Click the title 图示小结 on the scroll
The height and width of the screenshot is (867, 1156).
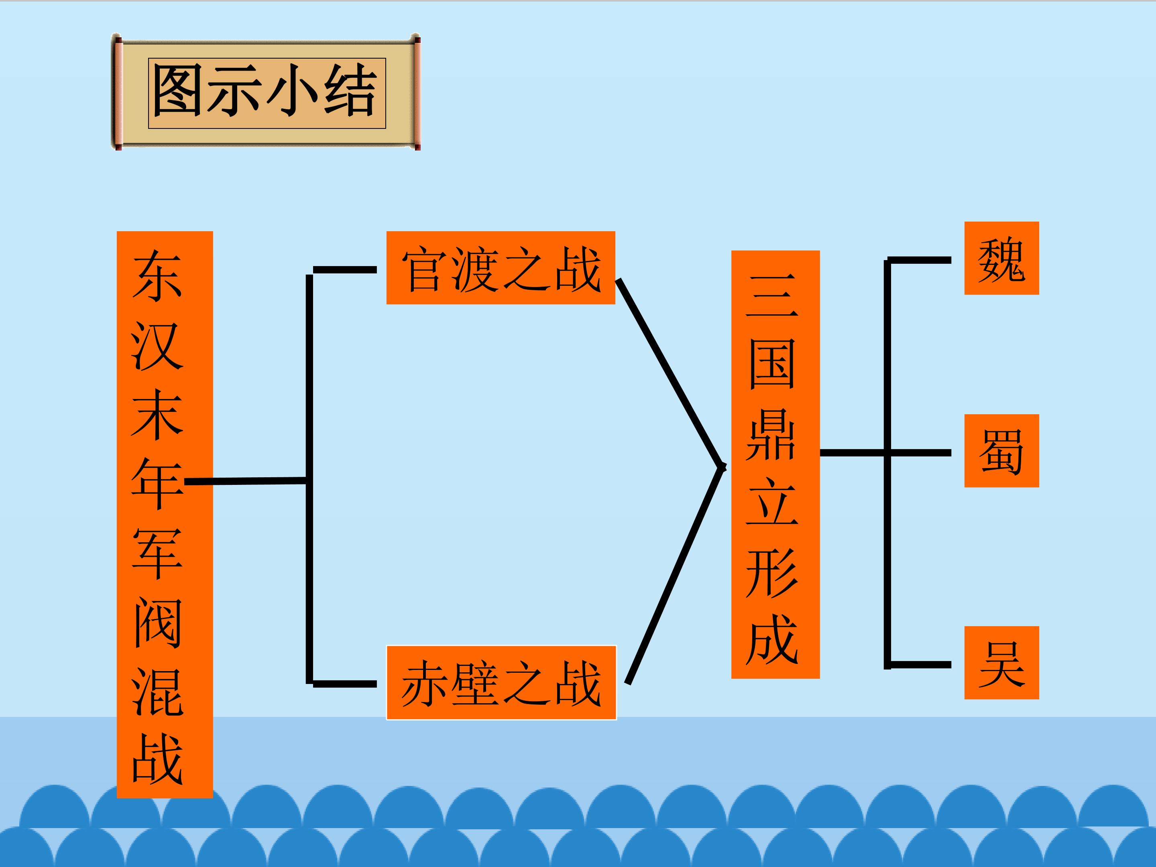point(265,92)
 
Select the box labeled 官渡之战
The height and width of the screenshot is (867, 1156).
point(501,268)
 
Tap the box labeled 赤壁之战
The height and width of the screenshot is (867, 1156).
point(501,682)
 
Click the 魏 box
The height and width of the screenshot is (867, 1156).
point(1001,258)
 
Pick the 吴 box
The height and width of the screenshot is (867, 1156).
point(1001,663)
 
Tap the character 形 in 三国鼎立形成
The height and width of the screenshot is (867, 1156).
point(772,573)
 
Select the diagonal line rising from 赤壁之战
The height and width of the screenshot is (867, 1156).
point(675,574)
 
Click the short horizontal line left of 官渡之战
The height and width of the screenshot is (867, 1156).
point(345,270)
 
